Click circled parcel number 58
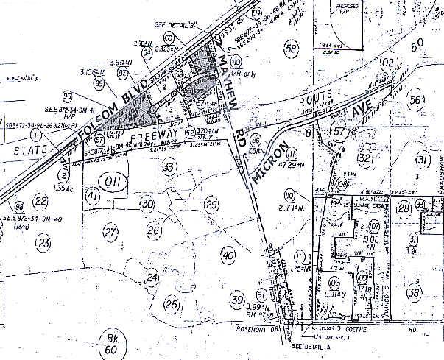[x=292, y=48]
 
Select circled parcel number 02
[x=387, y=64]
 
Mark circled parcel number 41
[x=93, y=197]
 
